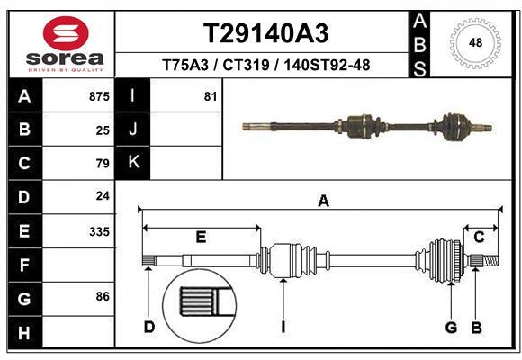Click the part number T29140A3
click(x=265, y=33)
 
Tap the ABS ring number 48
click(x=475, y=42)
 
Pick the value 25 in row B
click(x=103, y=130)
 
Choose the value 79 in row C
click(x=103, y=164)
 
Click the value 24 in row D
click(x=103, y=197)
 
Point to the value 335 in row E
click(x=99, y=231)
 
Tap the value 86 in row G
click(x=103, y=295)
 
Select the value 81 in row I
click(x=210, y=96)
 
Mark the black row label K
click(x=133, y=162)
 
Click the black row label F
click(x=23, y=265)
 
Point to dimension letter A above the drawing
click(x=323, y=202)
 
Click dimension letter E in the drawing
click(x=201, y=237)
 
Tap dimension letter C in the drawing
click(x=479, y=237)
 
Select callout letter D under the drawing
click(x=149, y=327)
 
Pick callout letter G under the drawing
click(x=451, y=327)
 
